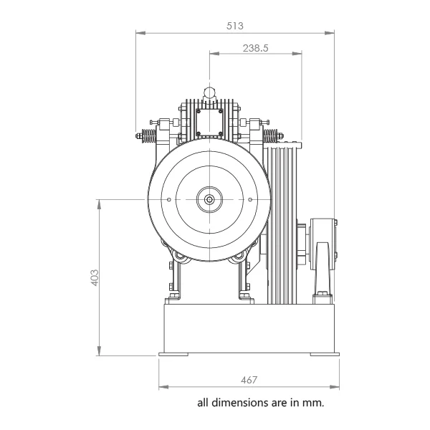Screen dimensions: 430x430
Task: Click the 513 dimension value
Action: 235,26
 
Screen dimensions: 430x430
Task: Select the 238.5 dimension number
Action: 256,48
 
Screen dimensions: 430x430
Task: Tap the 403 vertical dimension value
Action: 95,278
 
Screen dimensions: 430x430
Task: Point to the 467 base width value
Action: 249,380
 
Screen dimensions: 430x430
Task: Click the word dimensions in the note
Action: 241,403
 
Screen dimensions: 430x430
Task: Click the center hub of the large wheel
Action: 209,200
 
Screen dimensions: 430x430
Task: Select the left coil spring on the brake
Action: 148,135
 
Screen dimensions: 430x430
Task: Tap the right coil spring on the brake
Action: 270,135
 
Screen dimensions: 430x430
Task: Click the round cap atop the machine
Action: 209,92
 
